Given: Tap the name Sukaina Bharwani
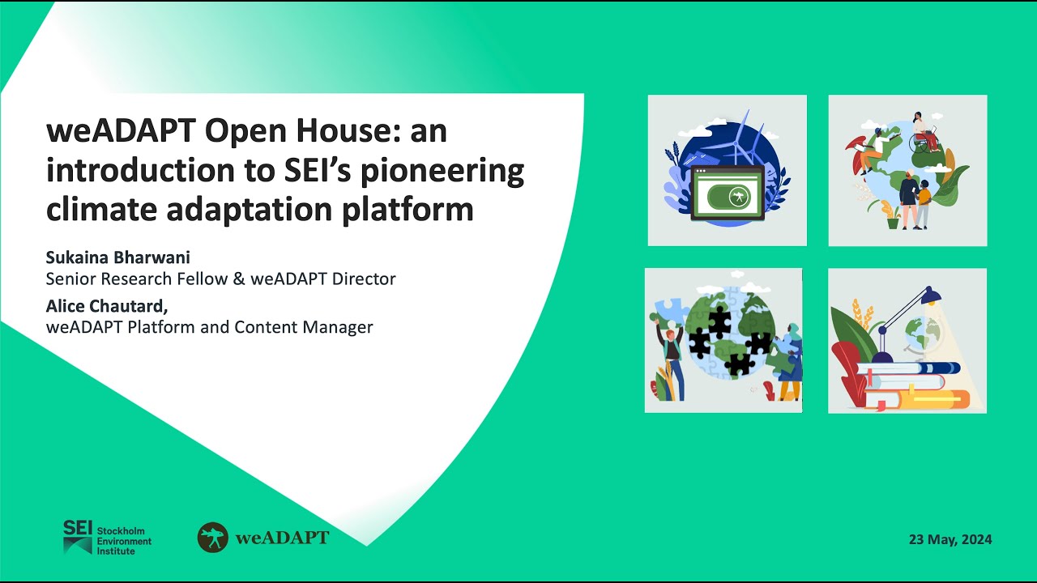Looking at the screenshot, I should click(x=118, y=257).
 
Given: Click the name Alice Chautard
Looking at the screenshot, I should click(x=105, y=307).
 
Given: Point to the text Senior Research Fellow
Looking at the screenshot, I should click(x=133, y=279).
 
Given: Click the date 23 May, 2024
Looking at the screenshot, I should click(x=950, y=539).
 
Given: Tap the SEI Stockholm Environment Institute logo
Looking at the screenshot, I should click(x=107, y=538).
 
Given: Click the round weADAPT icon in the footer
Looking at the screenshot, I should click(x=213, y=538).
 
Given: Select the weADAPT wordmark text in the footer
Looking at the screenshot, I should click(x=282, y=538).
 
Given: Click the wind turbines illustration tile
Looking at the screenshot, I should click(x=727, y=170).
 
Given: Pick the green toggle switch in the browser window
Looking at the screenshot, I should click(x=728, y=195).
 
